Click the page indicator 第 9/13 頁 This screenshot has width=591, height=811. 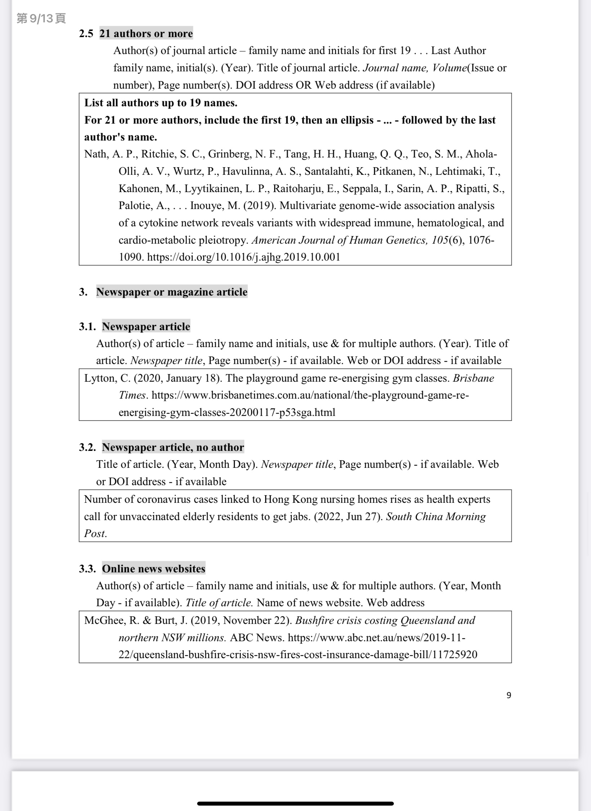(x=41, y=18)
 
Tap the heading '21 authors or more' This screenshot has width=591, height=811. (x=146, y=34)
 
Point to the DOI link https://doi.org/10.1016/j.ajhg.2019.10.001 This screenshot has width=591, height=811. (x=244, y=257)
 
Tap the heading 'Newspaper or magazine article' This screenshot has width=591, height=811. (x=172, y=292)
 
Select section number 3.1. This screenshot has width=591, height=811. (x=87, y=327)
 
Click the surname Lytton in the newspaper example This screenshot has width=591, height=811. (x=99, y=378)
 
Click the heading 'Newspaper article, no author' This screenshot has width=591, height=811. (x=173, y=447)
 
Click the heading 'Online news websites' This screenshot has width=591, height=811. (x=154, y=568)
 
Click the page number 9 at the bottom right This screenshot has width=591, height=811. (x=508, y=695)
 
